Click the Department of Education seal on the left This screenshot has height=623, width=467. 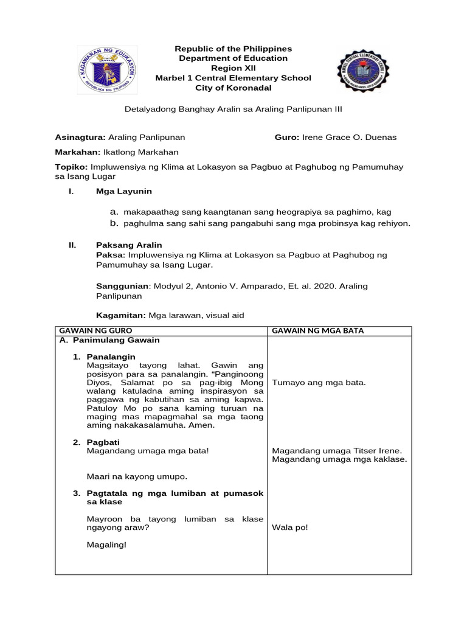107,70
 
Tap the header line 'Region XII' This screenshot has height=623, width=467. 233,68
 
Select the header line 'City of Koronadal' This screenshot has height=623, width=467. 233,88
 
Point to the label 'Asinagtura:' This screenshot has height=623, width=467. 80,137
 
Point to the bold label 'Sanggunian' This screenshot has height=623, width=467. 122,285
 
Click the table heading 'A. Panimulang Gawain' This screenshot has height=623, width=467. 109,340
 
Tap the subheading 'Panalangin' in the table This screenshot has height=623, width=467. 111,356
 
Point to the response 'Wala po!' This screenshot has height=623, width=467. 290,527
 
